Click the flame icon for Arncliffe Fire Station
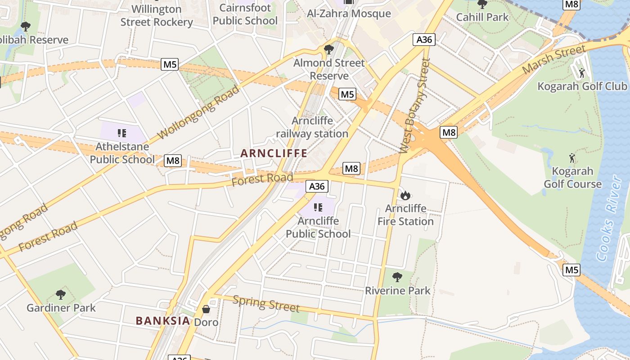point(405,195)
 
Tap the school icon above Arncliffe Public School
point(318,207)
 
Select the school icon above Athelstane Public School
point(121,133)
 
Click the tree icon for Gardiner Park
point(61,295)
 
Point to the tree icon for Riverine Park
point(397,277)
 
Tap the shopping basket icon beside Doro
point(206,309)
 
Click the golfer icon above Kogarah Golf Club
point(582,72)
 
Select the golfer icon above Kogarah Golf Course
point(572,158)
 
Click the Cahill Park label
point(482,17)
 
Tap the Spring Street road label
point(266,304)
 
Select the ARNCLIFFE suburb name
point(274,153)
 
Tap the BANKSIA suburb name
point(163,320)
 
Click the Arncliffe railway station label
point(312,127)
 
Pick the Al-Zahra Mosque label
point(349,13)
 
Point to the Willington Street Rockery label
point(157,15)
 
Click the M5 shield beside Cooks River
point(571,270)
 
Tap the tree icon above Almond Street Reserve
point(329,49)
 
